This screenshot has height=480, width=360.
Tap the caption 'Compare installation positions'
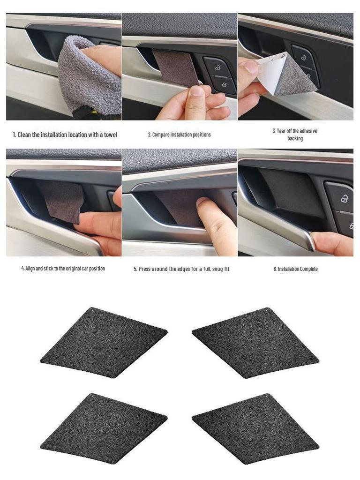180,135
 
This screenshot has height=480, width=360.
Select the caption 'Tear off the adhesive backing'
295,135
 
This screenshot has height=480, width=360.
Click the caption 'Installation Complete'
296,269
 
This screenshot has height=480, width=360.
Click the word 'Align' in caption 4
30,269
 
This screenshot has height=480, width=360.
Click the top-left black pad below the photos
104,342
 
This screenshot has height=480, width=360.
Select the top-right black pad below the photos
255,342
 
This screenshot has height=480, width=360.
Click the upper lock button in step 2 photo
218,67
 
